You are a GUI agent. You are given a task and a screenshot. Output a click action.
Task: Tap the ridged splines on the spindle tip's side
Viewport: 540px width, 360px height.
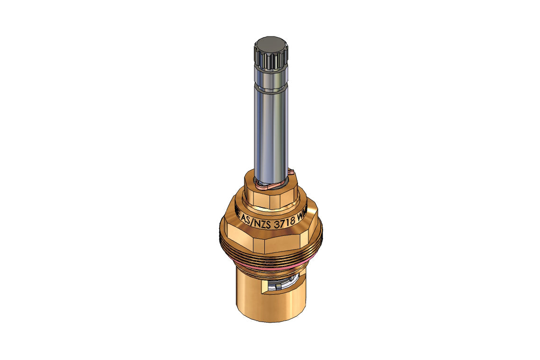[270, 60]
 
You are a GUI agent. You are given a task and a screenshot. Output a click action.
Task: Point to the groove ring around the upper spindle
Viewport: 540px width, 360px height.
[270, 88]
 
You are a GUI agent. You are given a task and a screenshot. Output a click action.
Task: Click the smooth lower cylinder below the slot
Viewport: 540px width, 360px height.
[270, 308]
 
